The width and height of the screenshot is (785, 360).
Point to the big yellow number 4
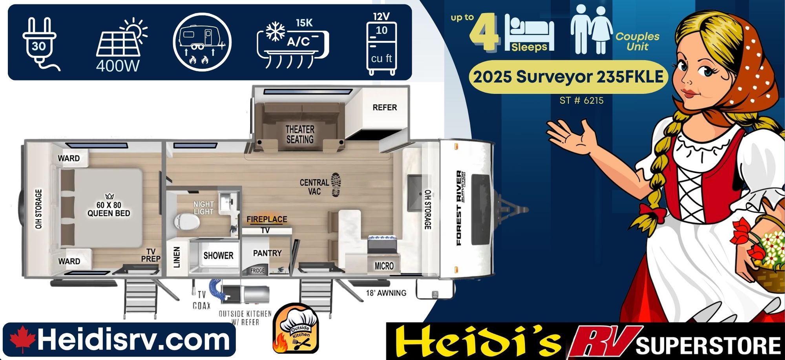[x=484, y=33]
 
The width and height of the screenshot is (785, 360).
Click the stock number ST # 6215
[x=581, y=101]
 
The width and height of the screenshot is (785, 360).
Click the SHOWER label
[x=218, y=256]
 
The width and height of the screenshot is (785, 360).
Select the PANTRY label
[x=267, y=253]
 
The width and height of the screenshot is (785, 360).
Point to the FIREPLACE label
[x=267, y=219]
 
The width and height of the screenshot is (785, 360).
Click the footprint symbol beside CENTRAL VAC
[x=336, y=185]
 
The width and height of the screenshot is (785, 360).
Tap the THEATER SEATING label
[x=300, y=134]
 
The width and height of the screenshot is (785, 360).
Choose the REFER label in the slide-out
[x=385, y=108]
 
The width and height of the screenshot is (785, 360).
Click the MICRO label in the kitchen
[x=384, y=266]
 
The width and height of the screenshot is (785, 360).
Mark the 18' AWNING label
[x=386, y=293]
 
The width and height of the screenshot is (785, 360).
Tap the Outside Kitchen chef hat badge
[x=296, y=329]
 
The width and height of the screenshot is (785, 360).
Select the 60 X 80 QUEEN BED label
[x=109, y=209]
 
